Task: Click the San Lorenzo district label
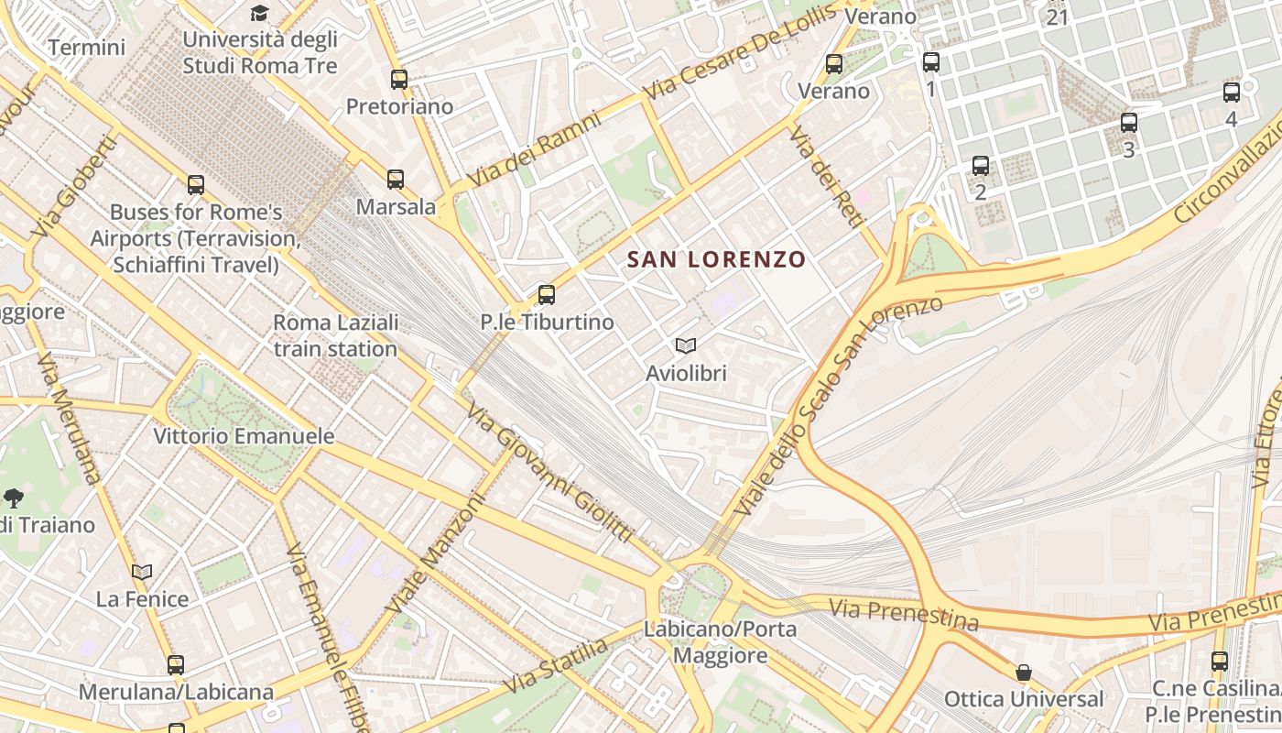coord(716,259)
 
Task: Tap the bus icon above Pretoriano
coord(398,80)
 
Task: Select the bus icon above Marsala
coord(395,180)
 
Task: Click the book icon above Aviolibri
coord(685,346)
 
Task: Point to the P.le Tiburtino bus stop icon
coord(547,295)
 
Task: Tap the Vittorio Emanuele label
coord(244,436)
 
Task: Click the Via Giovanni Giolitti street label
coord(549,472)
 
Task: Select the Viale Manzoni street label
coord(434,554)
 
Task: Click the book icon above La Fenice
coord(142,573)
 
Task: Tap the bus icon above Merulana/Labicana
coord(175,665)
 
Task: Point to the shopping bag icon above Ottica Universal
coord(1023,673)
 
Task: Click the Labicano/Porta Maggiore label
coord(720,642)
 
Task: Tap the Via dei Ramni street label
coord(533,148)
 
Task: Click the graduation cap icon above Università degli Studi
coord(260,13)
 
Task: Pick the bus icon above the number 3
coord(1128,123)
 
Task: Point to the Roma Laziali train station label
coord(335,335)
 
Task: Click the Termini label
coord(86,48)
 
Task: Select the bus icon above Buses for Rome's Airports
coord(195,185)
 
